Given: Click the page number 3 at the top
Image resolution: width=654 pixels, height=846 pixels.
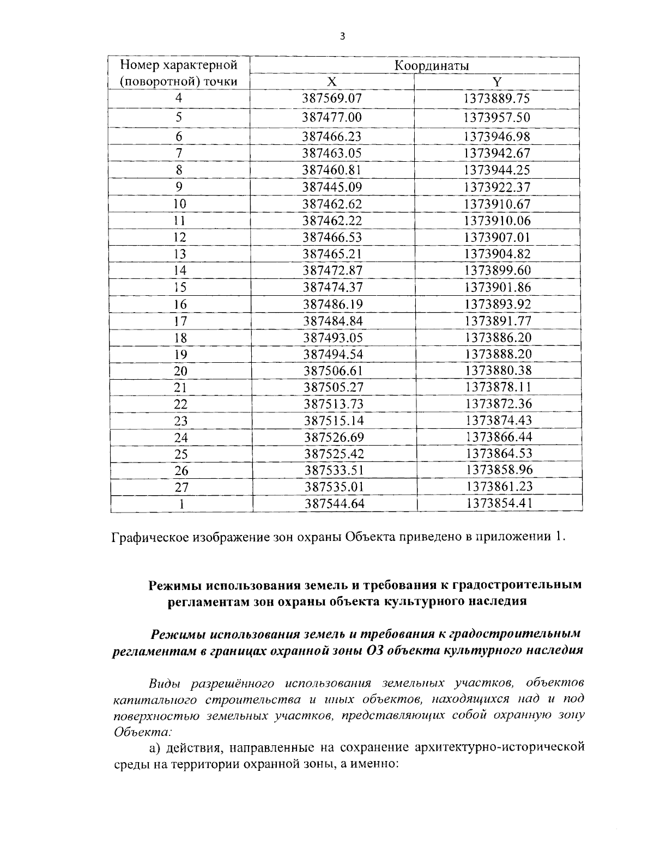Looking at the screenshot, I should (342, 36).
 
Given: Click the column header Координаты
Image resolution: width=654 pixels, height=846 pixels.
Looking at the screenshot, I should (432, 66).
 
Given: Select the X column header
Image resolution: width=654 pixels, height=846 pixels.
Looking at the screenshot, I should (331, 82).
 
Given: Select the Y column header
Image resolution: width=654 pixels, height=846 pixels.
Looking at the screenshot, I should (496, 82).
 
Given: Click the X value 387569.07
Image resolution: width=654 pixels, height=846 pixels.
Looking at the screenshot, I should (332, 99).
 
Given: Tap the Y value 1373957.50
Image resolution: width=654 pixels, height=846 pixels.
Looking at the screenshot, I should (496, 118).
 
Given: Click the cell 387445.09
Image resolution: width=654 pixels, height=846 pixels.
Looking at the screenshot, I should (332, 187).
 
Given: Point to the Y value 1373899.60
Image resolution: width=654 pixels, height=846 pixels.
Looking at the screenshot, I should (498, 271).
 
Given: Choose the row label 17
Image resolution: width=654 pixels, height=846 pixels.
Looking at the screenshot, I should (180, 321).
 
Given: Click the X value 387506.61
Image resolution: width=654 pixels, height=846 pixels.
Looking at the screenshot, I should (332, 371).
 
